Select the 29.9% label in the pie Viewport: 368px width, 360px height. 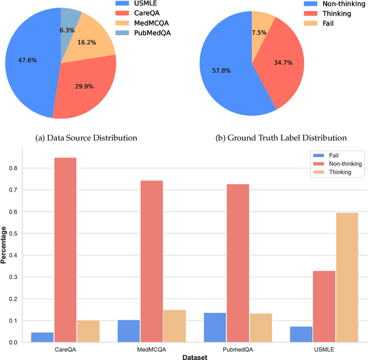click(x=85, y=86)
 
